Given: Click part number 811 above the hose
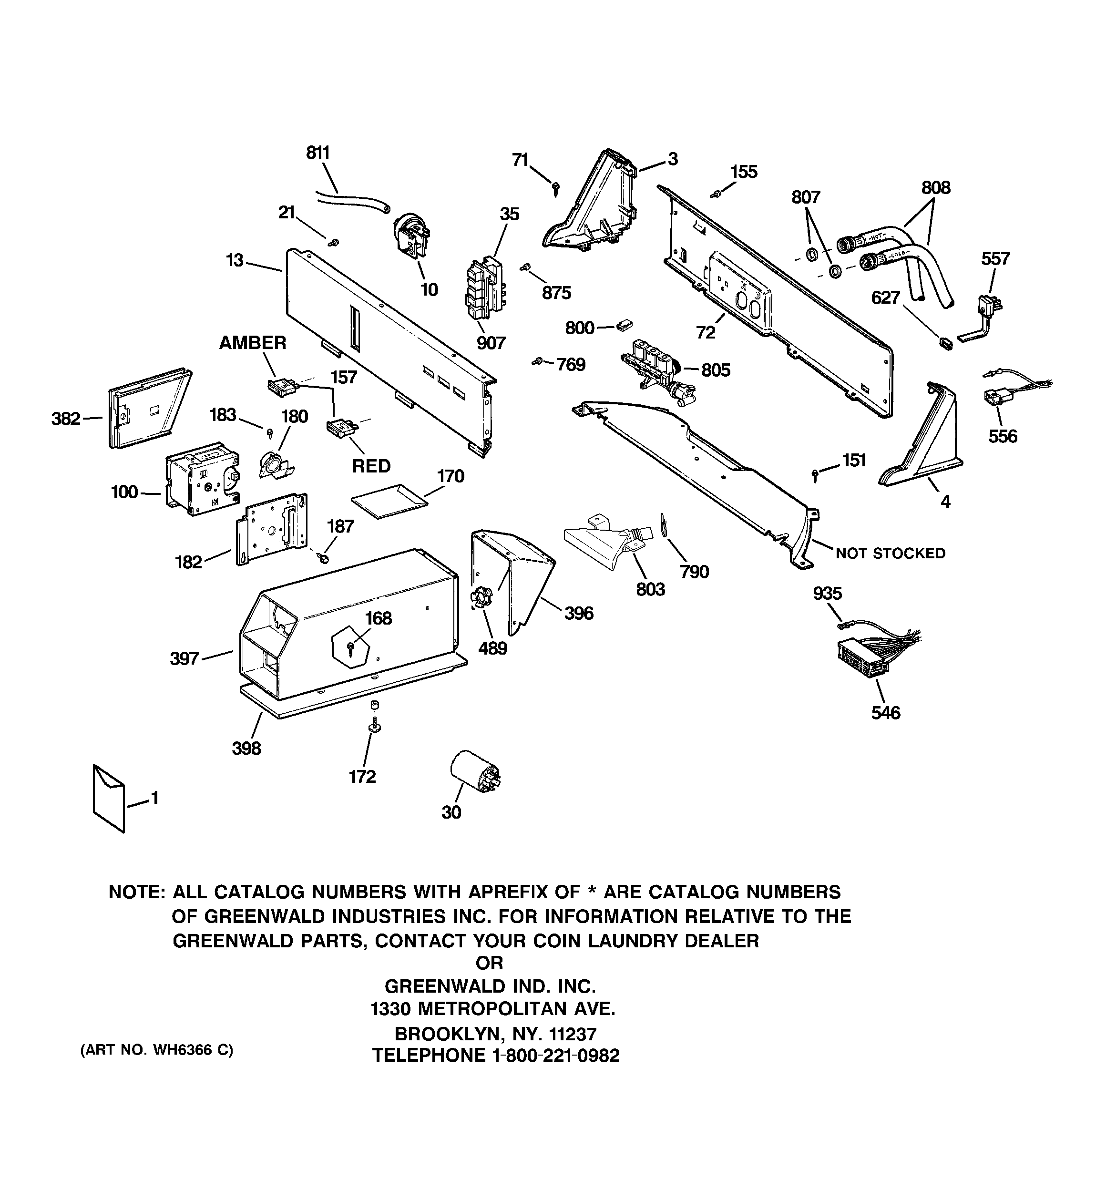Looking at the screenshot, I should click(317, 153).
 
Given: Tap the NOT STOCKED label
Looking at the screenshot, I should click(890, 553).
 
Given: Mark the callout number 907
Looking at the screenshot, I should click(491, 343).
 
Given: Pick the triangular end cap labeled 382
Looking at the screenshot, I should click(147, 409).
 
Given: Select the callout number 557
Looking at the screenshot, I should click(995, 259).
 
